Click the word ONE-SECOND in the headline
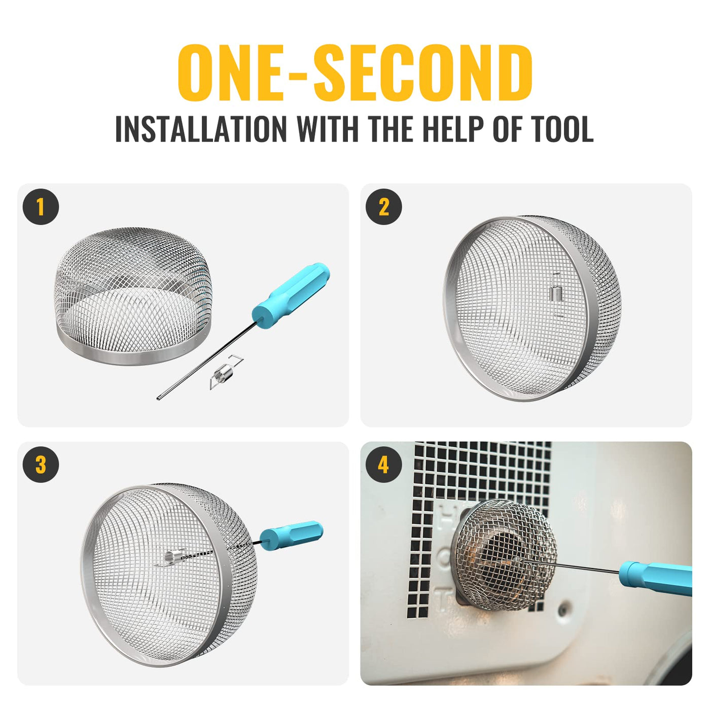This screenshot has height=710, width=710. (x=355, y=73)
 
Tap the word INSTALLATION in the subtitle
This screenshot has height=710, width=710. (x=201, y=129)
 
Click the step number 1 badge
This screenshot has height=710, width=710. (x=41, y=207)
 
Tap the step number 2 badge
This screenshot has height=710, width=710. (x=383, y=207)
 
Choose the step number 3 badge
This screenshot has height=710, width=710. (x=41, y=465)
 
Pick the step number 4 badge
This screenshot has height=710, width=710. (x=383, y=465)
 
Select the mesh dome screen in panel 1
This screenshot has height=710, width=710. (x=133, y=296)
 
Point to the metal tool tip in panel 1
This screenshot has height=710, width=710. (x=159, y=398)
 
